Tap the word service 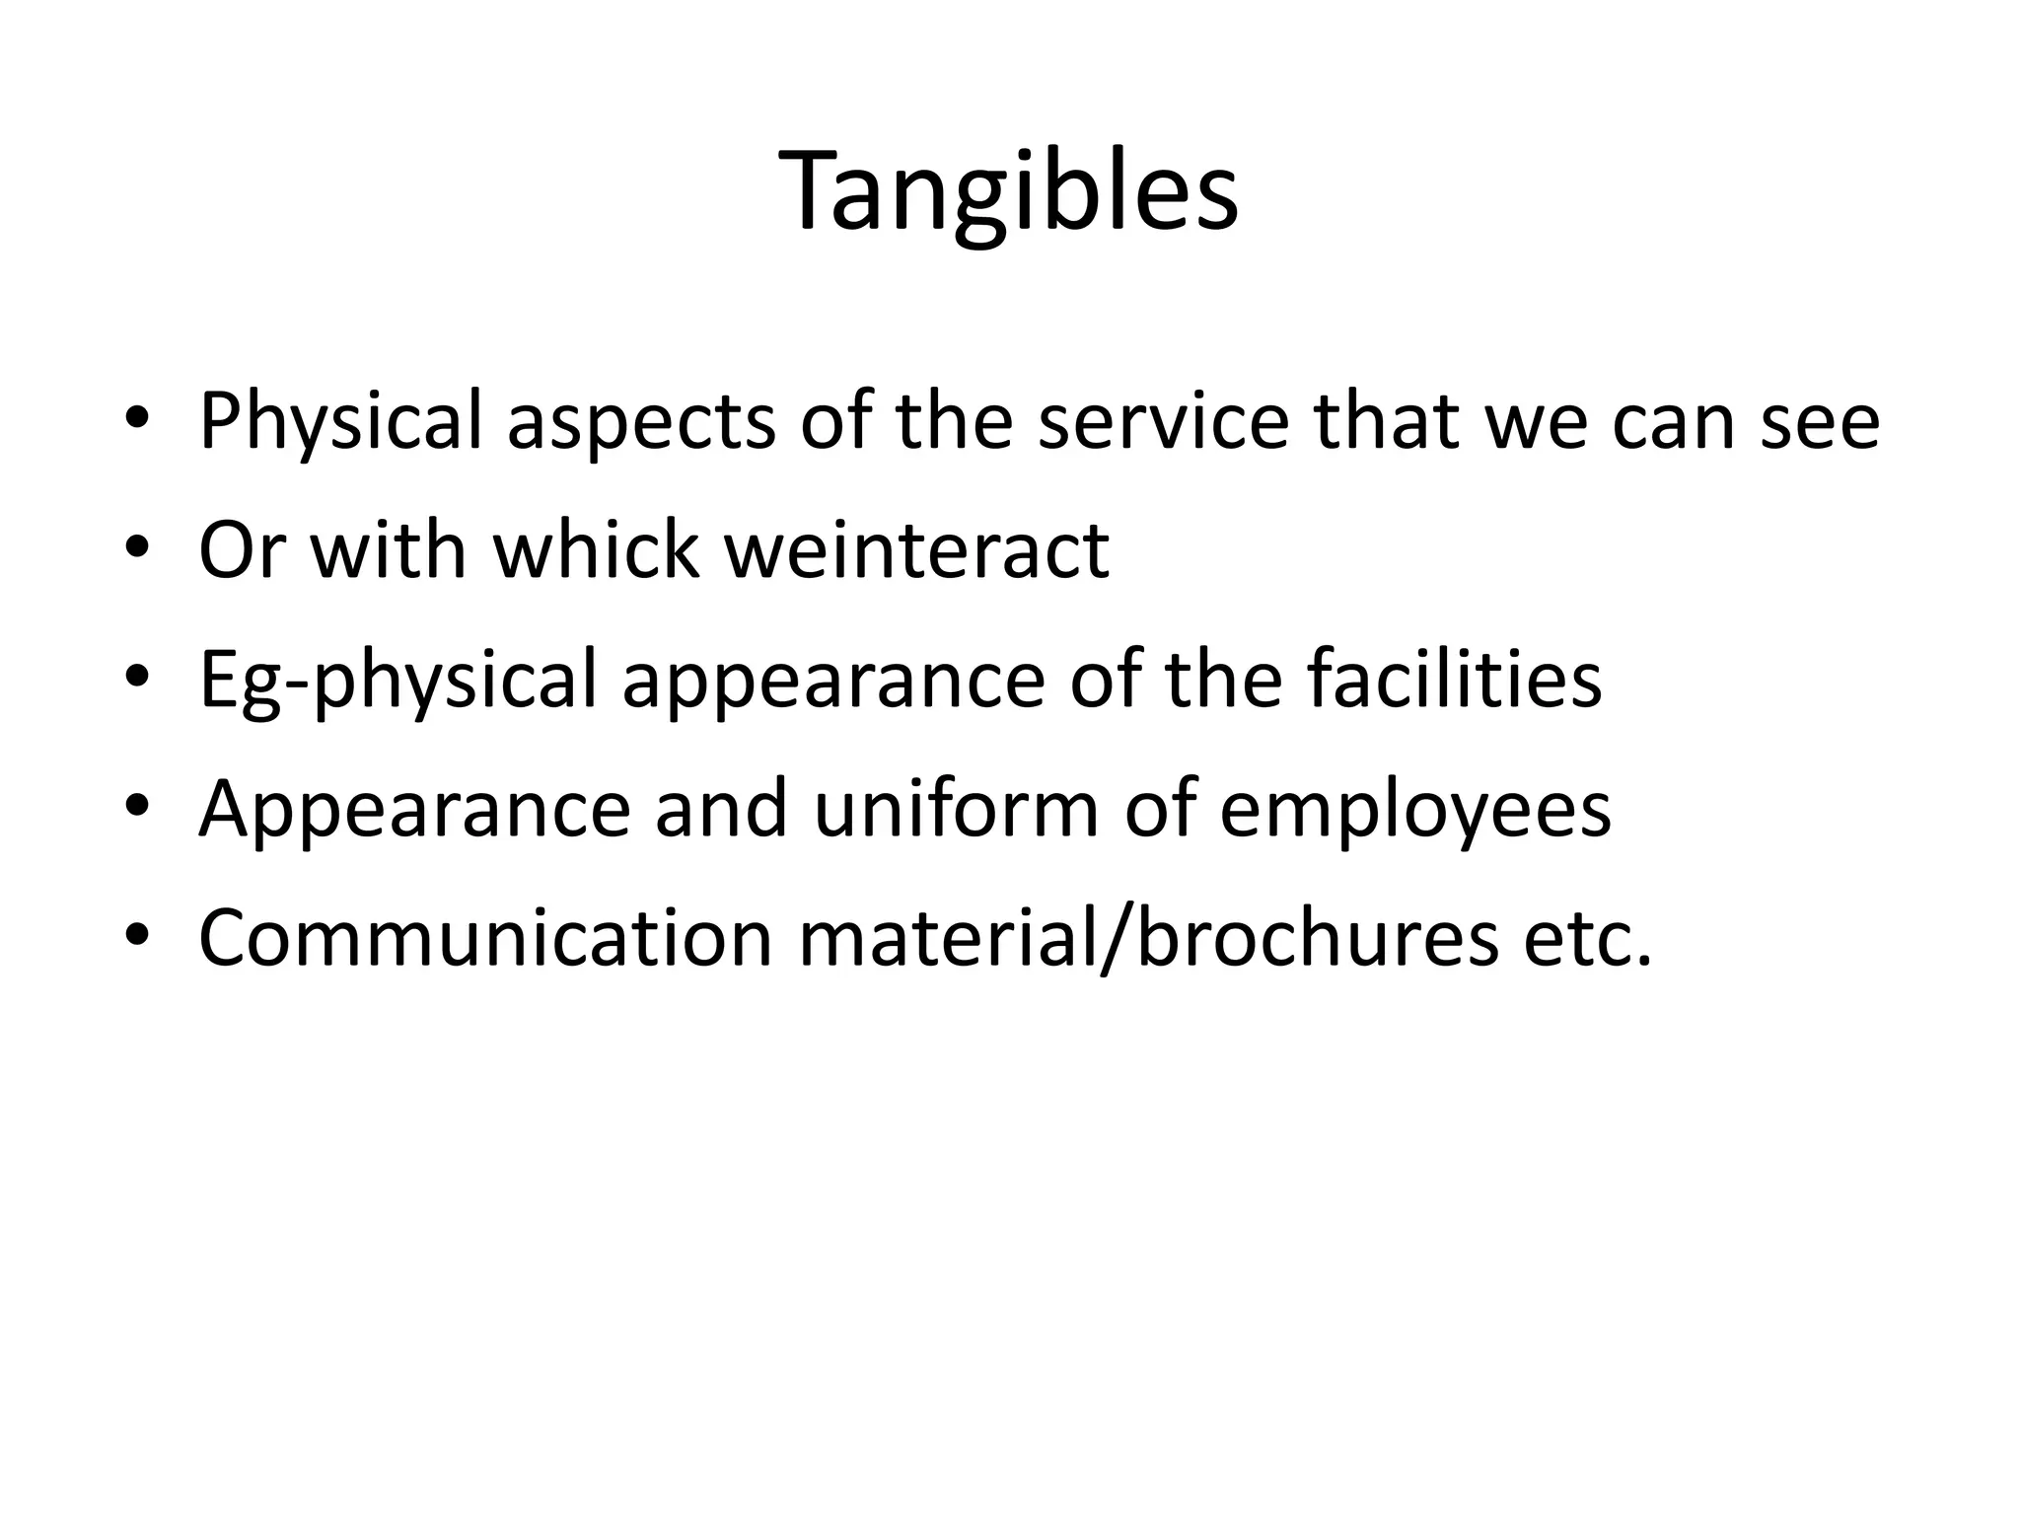(1163, 421)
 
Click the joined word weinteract (917, 549)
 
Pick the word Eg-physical (397, 680)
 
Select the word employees (1415, 809)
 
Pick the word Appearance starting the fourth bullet (414, 809)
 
